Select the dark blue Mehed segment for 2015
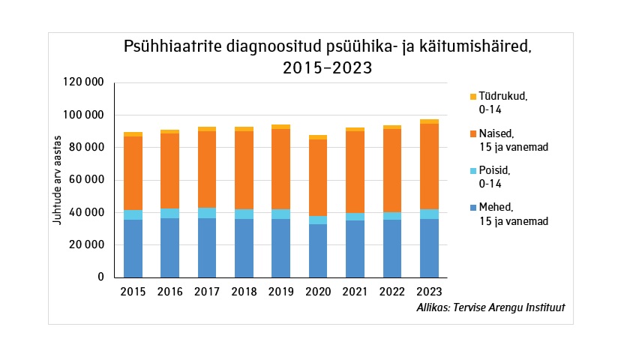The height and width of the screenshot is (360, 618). (133, 248)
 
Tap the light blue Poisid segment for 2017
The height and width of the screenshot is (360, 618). (207, 213)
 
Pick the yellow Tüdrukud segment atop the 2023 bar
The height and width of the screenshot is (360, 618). (429, 121)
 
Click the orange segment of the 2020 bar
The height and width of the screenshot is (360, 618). (318, 178)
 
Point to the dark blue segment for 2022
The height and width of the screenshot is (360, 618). (392, 248)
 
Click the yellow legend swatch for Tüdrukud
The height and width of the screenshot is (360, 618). (472, 96)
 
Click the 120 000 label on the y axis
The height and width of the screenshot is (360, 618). (83, 82)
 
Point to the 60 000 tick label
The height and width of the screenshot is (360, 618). (86, 180)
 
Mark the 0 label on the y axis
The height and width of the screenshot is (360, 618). (100, 277)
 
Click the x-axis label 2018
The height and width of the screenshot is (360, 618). (244, 292)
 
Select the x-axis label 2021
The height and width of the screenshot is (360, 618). (355, 292)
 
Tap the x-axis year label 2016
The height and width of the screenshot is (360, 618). (170, 292)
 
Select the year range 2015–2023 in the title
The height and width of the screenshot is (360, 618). (328, 67)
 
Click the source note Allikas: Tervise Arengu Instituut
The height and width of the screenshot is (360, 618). (490, 308)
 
